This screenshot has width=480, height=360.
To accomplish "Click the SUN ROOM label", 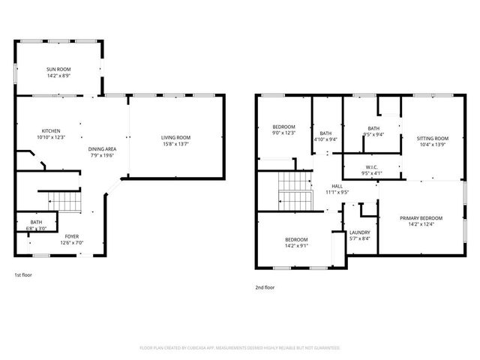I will tap(58, 70).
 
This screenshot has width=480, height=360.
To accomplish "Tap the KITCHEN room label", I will tap(51, 131).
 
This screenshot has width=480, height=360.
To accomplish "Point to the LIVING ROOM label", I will tap(175, 137).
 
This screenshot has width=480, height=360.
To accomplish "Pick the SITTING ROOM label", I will tap(433, 139).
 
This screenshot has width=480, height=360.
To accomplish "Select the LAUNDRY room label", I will tap(360, 232).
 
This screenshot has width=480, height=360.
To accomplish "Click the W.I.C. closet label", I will tap(372, 166).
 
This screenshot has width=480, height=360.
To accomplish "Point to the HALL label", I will tap(337, 186).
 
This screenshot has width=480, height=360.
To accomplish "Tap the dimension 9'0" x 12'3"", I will tap(283, 133).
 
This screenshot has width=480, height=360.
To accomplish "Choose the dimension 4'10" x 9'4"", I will tap(325, 139).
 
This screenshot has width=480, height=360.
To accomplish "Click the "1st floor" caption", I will tap(22, 274).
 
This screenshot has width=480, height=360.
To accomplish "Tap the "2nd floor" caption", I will tap(265, 286).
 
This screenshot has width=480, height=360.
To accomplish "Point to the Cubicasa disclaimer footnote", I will tap(240, 348).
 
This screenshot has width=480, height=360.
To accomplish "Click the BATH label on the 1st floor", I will tap(36, 222).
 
